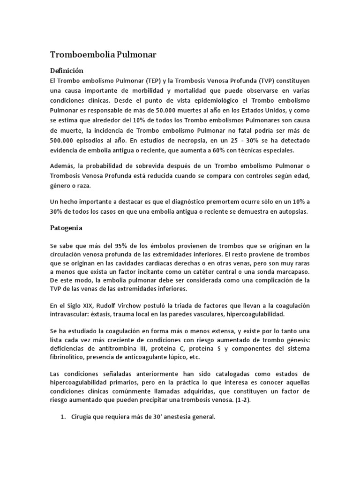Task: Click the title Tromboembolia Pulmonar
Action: point(103,55)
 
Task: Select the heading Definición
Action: point(67,70)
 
